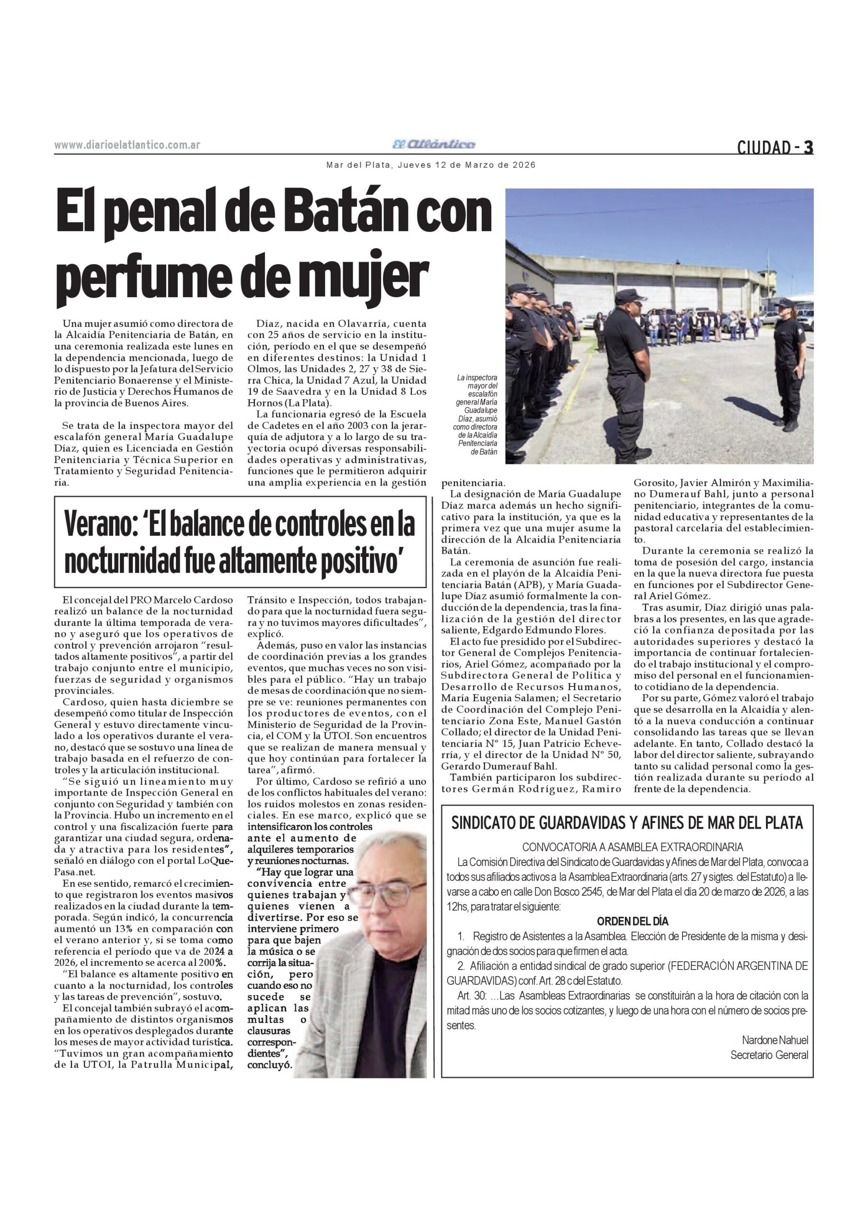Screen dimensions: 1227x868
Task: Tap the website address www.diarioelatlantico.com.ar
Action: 127,145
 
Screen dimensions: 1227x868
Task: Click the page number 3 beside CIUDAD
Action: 808,147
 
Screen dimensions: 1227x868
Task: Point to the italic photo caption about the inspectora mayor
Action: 477,414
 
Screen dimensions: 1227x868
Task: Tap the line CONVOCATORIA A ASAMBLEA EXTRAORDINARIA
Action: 632,847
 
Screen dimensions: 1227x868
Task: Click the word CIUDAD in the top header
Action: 763,148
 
